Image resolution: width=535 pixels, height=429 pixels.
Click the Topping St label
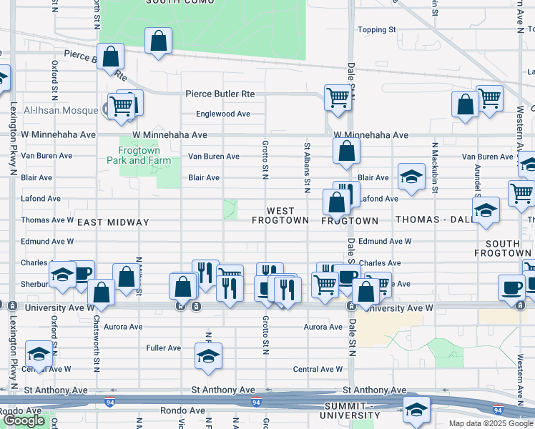click(376, 30)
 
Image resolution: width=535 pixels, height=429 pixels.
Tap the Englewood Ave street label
click(223, 114)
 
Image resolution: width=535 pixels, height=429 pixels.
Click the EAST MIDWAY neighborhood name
click(113, 222)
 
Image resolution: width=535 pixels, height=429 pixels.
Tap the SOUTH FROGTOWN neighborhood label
click(504, 247)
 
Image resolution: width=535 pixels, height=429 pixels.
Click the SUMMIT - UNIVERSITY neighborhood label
click(350, 410)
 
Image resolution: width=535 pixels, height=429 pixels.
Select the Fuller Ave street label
click(164, 348)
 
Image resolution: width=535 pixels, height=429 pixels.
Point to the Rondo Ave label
click(22, 411)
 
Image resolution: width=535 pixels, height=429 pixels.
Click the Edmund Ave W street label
click(385, 242)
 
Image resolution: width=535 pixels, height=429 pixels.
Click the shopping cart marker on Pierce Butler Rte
click(338, 97)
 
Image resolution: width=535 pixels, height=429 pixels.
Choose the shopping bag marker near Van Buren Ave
click(346, 151)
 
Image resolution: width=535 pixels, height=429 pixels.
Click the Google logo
click(24, 420)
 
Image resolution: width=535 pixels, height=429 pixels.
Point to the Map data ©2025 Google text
click(491, 423)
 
